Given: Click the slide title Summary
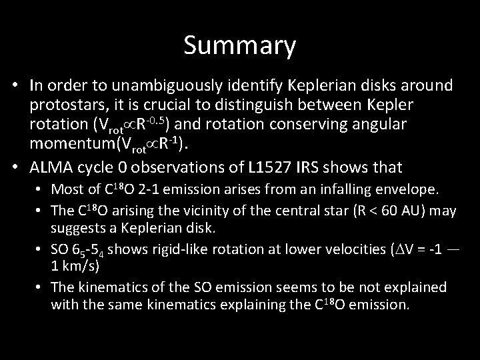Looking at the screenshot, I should (x=239, y=46).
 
